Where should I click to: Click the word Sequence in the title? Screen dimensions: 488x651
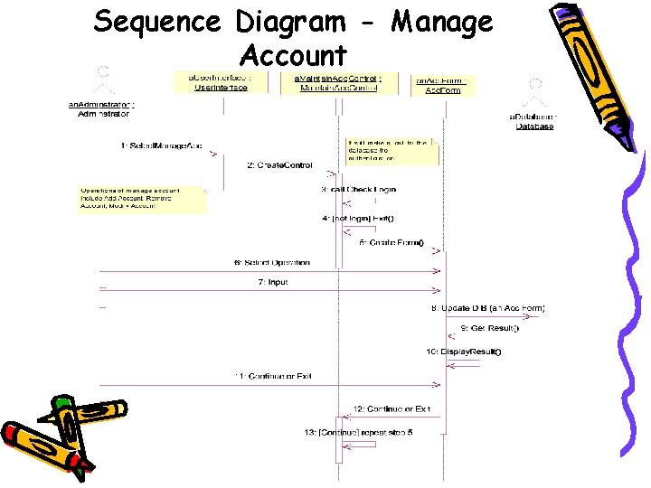(158, 22)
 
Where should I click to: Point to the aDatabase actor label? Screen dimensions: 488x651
(533, 121)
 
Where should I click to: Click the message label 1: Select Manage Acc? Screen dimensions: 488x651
(161, 145)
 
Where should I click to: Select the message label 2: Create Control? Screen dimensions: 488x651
(279, 165)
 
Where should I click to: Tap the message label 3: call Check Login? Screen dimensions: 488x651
(359, 190)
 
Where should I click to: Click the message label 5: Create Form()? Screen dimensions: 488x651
(392, 242)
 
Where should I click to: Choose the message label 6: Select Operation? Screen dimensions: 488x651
(271, 263)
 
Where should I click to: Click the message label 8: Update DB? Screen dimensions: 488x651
(487, 308)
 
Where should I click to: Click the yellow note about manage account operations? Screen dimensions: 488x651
(143, 198)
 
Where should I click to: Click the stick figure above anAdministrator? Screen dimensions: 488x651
(103, 80)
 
